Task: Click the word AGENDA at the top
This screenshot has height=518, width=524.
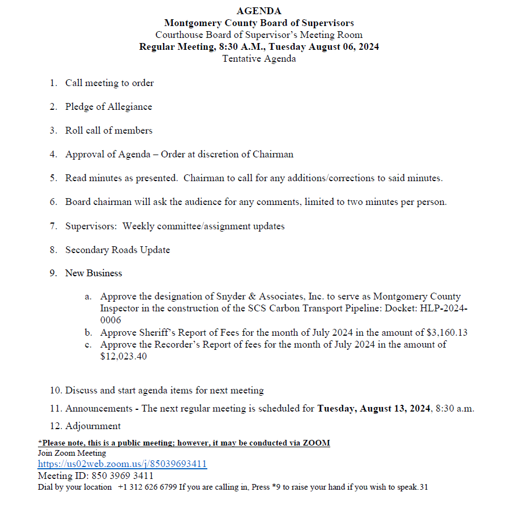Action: coord(258,11)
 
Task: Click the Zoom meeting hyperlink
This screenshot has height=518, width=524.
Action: coord(122,464)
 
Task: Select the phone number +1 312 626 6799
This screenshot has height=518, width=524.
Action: coord(147,487)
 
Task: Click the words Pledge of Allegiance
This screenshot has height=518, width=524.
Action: coord(108,106)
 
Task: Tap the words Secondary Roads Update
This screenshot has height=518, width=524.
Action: coord(117,250)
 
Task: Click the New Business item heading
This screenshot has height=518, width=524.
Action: coord(93,273)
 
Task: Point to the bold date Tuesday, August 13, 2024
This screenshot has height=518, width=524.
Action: coord(374,408)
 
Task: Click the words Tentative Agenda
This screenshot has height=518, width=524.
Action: coord(258,58)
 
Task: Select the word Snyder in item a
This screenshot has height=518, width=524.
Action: coord(231,297)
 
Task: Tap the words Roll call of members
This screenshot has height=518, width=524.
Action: coord(109,130)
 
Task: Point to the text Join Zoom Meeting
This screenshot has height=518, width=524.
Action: coord(72,453)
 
